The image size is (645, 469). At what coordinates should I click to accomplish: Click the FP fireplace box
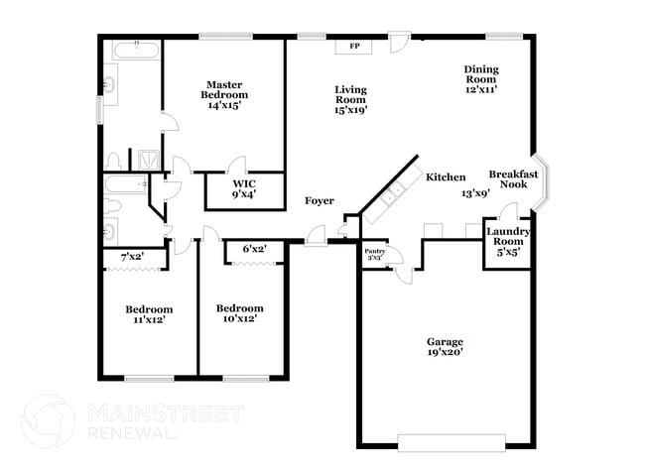354,46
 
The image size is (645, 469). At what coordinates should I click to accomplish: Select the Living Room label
351,99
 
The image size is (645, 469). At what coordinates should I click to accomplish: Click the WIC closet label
244,188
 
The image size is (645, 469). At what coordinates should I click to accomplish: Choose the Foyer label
319,201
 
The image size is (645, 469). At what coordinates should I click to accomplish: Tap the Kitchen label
446,177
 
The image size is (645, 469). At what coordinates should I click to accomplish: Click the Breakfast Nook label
513,179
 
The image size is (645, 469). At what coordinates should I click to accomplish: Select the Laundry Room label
508,240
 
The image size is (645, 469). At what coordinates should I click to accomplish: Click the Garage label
445,346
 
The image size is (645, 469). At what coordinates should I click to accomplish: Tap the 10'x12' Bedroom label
240,313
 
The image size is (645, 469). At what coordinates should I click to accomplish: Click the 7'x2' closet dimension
132,258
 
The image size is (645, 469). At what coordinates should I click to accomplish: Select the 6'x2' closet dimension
255,249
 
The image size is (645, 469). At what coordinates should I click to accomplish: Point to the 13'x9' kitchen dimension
475,194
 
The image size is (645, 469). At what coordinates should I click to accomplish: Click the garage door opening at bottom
444,442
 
